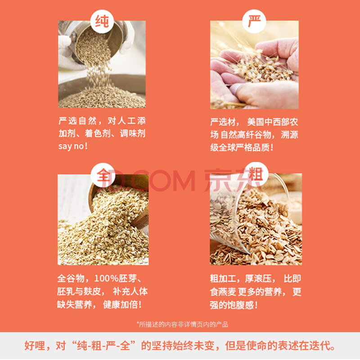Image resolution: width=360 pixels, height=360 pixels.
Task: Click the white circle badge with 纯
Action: pyautogui.click(x=102, y=22)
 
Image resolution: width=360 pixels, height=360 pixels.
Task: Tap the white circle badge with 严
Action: pyautogui.click(x=254, y=22)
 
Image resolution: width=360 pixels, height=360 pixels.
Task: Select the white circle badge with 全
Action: pyautogui.click(x=103, y=175)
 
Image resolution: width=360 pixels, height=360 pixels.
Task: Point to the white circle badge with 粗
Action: pyautogui.click(x=256, y=175)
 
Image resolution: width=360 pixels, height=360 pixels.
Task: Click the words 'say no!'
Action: pyautogui.click(x=73, y=146)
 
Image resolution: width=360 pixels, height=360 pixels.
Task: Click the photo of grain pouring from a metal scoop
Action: pyautogui.click(x=102, y=64)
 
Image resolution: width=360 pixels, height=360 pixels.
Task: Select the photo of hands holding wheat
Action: pyautogui.click(x=254, y=65)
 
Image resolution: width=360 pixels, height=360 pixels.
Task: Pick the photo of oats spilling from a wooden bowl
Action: pyautogui.click(x=103, y=220)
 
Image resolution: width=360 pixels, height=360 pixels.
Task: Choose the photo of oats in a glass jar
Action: pyautogui.click(x=256, y=219)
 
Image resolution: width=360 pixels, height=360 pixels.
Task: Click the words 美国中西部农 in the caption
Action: pyautogui.click(x=273, y=121)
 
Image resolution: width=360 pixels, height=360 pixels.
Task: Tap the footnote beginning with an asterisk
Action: pyautogui.click(x=182, y=324)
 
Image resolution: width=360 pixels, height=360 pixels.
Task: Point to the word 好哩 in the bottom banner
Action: pyautogui.click(x=35, y=346)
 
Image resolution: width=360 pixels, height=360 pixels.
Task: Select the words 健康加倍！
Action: pyautogui.click(x=122, y=305)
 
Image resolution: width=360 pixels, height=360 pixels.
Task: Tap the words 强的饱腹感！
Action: pyautogui.click(x=234, y=305)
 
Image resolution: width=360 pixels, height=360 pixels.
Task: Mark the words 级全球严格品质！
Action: pyautogui.click(x=242, y=148)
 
